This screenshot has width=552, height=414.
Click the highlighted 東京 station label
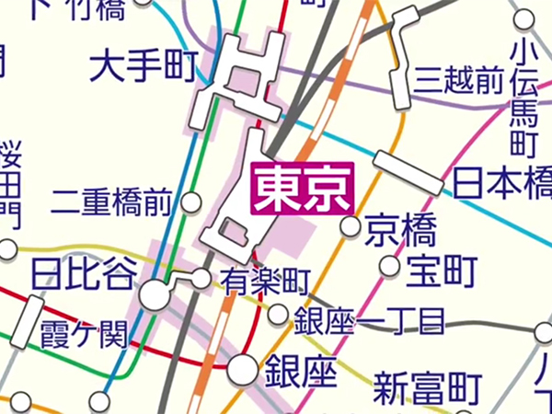303,189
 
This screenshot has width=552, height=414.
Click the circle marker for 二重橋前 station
192,201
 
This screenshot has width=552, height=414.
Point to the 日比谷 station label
83,273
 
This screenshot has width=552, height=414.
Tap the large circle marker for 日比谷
155,295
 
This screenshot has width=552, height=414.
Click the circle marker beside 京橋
350,226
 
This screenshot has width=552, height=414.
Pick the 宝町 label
443,270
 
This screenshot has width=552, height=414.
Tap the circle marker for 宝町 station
390,267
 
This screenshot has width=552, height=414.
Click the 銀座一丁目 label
369,322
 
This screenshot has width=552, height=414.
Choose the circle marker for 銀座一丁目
278,316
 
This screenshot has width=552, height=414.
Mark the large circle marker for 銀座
242,369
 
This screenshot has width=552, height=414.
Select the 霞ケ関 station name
82,334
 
